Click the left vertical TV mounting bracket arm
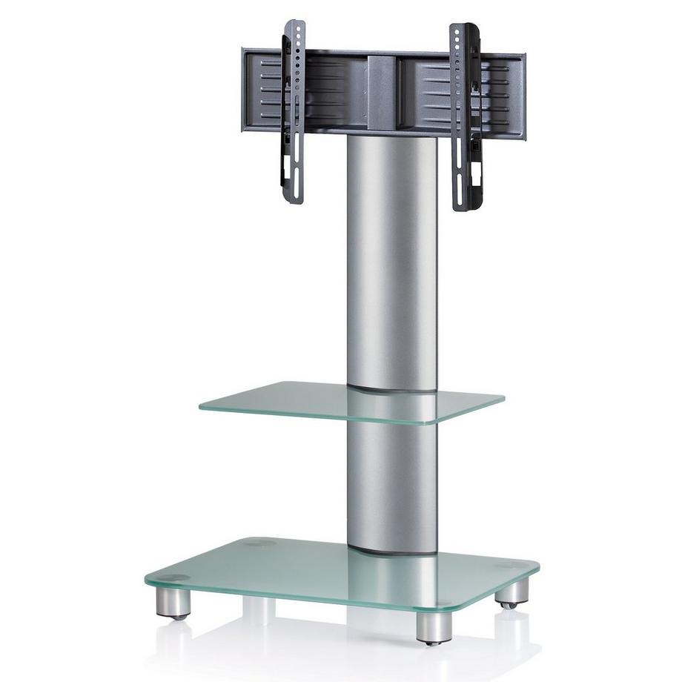[x=293, y=111]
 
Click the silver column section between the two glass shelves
[x=392, y=482]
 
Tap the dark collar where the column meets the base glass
[x=392, y=551]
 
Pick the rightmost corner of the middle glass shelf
[x=503, y=400]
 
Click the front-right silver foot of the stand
[x=434, y=627]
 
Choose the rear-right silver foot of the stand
[x=512, y=592]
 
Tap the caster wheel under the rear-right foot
[x=509, y=606]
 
